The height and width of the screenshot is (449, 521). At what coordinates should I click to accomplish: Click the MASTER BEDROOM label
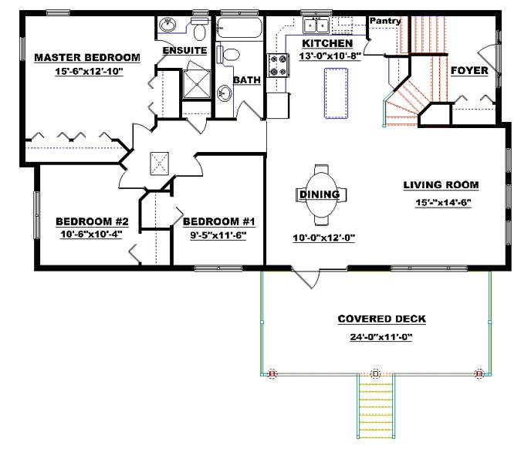pos(86,57)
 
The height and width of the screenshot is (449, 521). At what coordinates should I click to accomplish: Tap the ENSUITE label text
pos(184,50)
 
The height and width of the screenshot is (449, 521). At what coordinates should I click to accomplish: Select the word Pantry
pos(384,20)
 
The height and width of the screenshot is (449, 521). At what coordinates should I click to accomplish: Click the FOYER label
pos(469,70)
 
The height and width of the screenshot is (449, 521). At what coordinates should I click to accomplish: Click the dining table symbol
pos(320,194)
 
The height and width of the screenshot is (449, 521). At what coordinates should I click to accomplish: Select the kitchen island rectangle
pos(335,93)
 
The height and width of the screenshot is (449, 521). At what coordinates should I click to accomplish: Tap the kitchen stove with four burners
pos(278,66)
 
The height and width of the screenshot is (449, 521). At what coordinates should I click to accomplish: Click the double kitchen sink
pos(316,25)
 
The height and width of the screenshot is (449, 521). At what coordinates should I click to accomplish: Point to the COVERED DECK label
pos(381,319)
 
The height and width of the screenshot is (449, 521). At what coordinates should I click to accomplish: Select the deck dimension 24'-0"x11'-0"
pos(381,336)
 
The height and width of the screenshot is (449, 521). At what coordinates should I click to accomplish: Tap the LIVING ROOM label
pos(441,184)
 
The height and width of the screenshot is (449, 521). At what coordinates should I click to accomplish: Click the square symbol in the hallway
pos(161,163)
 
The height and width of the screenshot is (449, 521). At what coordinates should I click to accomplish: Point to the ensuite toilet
pos(199,30)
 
